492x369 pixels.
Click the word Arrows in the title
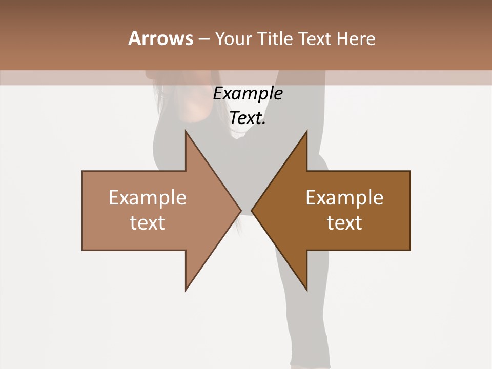(x=160, y=38)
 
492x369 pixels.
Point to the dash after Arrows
(x=204, y=39)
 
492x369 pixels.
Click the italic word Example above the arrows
(x=248, y=94)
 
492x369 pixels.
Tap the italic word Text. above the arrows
(x=248, y=118)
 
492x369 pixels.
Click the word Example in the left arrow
(x=148, y=198)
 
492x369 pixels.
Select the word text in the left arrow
(x=148, y=223)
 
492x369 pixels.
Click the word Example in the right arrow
(x=344, y=198)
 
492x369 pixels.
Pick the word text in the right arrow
(x=344, y=223)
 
